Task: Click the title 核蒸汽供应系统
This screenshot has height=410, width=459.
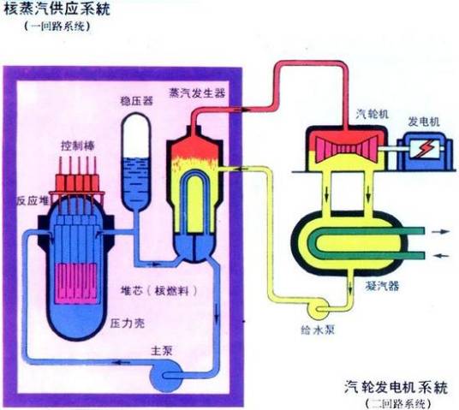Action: (x=54, y=11)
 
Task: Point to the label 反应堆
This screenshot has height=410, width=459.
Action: (x=28, y=201)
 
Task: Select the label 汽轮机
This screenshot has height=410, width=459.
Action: (x=369, y=113)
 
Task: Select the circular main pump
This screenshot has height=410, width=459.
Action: (x=164, y=371)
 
